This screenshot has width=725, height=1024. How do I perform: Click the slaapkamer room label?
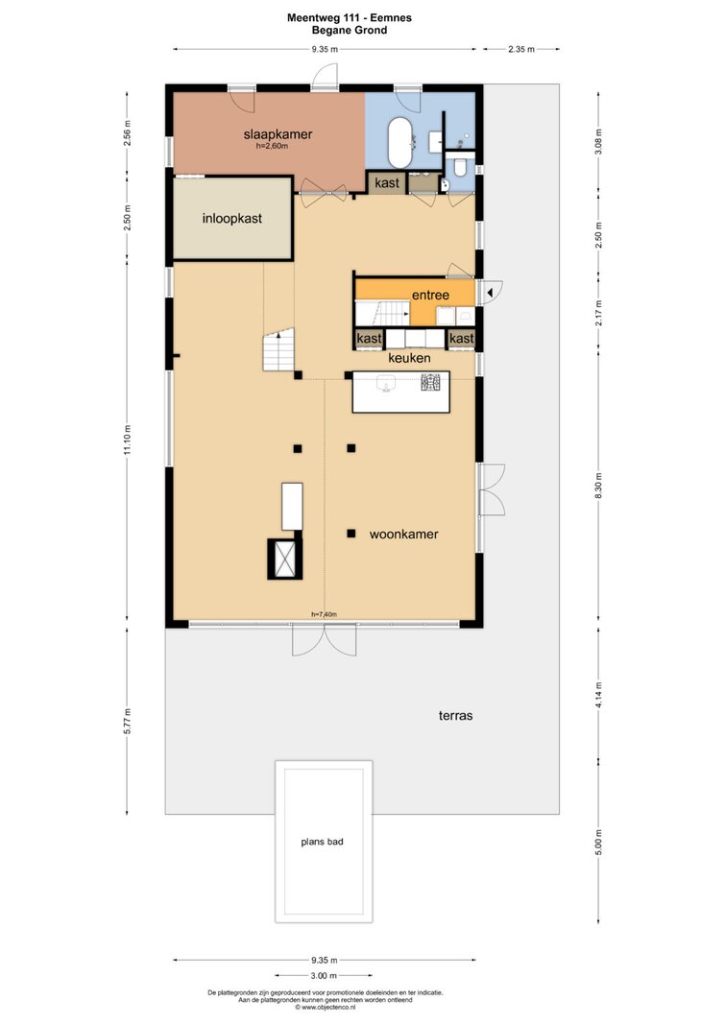point(278,134)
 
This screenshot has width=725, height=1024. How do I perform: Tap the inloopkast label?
point(231,219)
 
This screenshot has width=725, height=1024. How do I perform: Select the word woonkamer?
point(403,535)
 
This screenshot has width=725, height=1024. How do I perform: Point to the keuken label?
point(409,358)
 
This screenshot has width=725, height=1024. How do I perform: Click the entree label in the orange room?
point(430,296)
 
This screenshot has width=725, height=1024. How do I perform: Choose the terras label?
point(455,716)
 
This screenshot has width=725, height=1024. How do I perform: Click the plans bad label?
point(322,842)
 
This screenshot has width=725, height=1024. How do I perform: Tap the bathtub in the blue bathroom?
point(399,143)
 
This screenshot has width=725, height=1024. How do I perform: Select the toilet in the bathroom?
point(460,168)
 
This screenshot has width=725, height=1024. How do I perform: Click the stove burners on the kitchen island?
point(431,383)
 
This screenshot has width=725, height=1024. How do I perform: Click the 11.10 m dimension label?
point(128,441)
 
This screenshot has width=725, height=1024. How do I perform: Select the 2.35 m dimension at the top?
point(521,49)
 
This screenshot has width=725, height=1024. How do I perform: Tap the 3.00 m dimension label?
point(324,976)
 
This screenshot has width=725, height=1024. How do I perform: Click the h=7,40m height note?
point(324,614)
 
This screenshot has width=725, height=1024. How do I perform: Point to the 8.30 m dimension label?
point(599,486)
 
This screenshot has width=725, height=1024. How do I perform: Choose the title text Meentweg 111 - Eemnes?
point(350,18)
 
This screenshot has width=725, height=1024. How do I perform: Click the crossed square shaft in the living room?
point(285,560)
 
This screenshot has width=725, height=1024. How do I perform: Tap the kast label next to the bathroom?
point(387,183)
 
